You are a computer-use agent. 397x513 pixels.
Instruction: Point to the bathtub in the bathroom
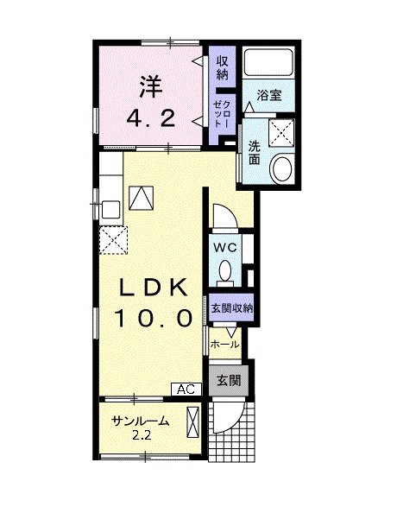coord(268,63)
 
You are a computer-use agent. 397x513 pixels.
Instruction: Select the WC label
coord(225,246)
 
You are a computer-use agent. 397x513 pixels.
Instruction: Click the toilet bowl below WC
coord(225,272)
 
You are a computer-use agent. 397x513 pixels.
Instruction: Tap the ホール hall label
coord(224,344)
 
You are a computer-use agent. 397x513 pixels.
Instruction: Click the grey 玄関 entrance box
coord(228,379)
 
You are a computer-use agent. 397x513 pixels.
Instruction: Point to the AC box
coord(186,389)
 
